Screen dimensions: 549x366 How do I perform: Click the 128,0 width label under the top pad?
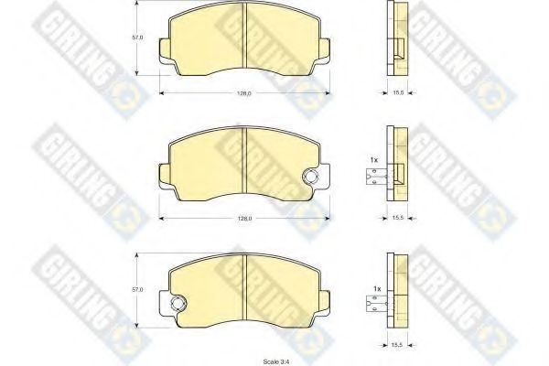tap(244, 93)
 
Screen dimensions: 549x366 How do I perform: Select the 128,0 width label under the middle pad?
tap(244, 219)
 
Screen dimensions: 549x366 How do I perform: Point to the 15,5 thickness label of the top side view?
tap(398, 92)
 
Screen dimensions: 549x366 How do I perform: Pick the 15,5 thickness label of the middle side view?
tap(398, 218)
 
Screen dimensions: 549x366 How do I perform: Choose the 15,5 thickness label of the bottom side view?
tap(398, 345)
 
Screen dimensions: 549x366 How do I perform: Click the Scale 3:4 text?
tap(276, 361)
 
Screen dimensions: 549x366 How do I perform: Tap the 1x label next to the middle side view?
tap(374, 160)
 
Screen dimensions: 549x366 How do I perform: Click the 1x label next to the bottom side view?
tap(377, 289)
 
